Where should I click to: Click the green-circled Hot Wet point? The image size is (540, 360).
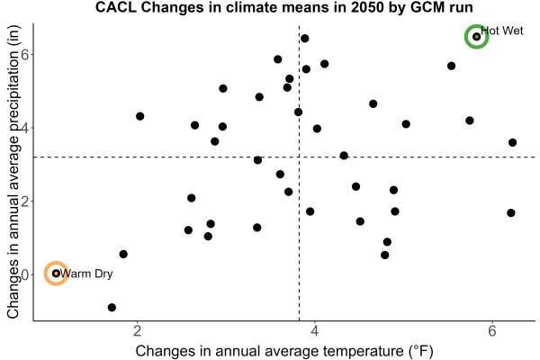pyautogui.click(x=477, y=37)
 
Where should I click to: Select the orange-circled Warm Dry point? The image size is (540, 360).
pyautogui.click(x=56, y=274)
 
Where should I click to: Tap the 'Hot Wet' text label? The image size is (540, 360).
pyautogui.click(x=502, y=31)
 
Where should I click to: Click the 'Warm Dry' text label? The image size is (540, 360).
pyautogui.click(x=86, y=274)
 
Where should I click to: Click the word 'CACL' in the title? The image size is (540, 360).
pyautogui.click(x=116, y=7)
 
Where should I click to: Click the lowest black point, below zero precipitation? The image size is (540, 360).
pyautogui.click(x=112, y=307)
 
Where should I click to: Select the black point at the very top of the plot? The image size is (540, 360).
pyautogui.click(x=304, y=38)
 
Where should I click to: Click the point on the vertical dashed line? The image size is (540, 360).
pyautogui.click(x=298, y=112)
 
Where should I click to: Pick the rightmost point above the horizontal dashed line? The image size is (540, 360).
pyautogui.click(x=512, y=142)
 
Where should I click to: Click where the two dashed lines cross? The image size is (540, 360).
pyautogui.click(x=299, y=157)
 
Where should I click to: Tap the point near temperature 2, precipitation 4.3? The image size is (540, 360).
pyautogui.click(x=139, y=116)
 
